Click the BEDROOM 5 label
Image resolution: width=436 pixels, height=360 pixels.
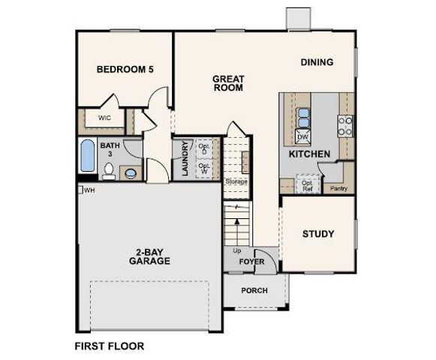point(125,69)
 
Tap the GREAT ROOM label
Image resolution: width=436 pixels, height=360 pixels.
point(227,82)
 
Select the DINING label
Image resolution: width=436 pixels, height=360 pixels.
point(317,62)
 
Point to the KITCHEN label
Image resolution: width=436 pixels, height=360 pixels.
point(309,154)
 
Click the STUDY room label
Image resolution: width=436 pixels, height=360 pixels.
point(318,233)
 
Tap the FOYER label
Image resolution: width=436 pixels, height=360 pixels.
point(252,262)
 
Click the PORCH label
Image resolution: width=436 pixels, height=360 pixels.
point(254,290)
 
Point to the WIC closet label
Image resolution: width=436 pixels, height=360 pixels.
point(104,118)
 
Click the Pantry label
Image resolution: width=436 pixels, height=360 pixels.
point(339,188)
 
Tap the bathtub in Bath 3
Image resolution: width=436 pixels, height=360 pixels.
point(86,159)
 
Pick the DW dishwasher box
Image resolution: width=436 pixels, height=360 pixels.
point(302,136)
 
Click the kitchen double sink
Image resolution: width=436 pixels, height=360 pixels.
point(303,117)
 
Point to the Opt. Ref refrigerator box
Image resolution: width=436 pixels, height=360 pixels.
point(307,184)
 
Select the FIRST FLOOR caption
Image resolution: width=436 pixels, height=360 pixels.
point(109,346)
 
